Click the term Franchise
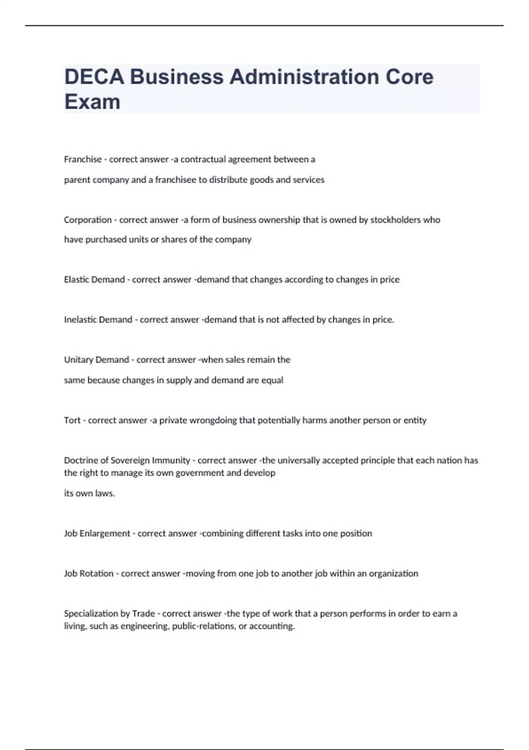83,159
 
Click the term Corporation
88,220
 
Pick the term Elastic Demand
94,280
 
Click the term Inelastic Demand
98,320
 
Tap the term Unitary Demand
97,360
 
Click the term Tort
72,420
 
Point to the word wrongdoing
213,420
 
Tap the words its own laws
89,493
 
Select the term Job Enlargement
97,533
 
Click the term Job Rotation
89,574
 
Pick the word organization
393,574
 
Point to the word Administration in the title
304,77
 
